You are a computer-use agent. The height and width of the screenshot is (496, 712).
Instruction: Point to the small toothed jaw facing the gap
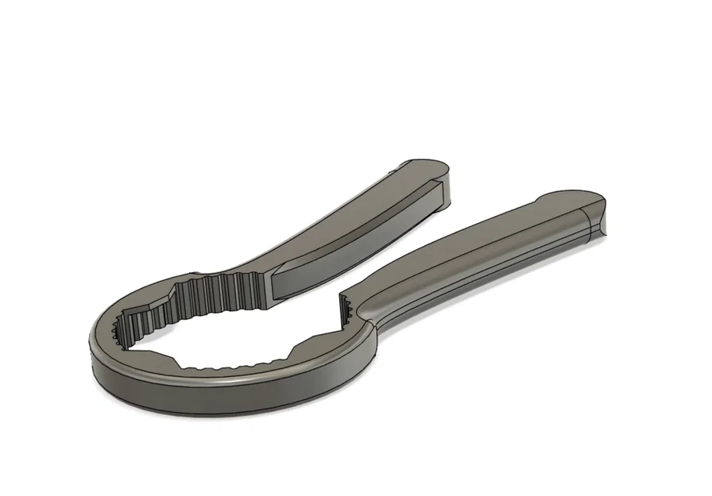(x=346, y=306)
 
